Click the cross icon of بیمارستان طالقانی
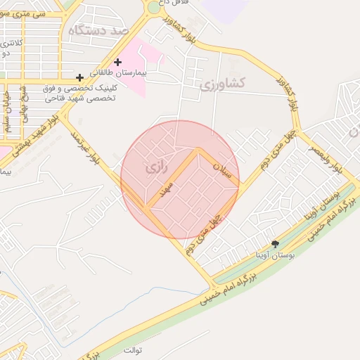click(x=117, y=63)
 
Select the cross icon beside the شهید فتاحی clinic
click(x=80, y=77)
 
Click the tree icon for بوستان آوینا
click(x=274, y=243)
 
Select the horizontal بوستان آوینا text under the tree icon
click(x=274, y=253)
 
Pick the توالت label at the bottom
click(x=134, y=349)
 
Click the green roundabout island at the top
click(x=153, y=8)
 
